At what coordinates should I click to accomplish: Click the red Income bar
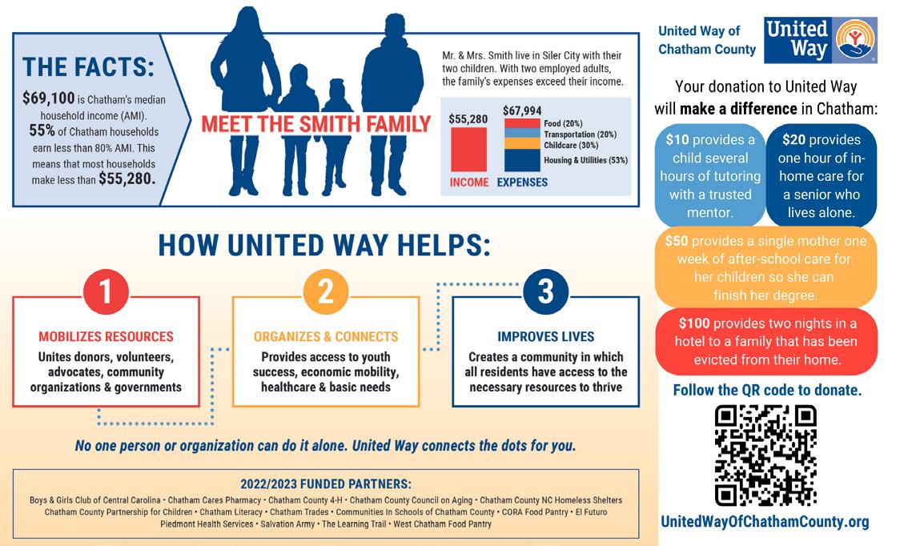[x=468, y=149]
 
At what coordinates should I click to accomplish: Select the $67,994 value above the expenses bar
[x=521, y=110]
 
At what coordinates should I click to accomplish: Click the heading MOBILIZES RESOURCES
[x=106, y=337]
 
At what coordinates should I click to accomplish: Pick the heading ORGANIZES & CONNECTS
[x=325, y=337]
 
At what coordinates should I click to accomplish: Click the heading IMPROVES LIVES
[x=545, y=337]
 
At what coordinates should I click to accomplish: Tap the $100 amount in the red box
[x=693, y=323]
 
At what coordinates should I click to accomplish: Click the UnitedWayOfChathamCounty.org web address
[x=764, y=522]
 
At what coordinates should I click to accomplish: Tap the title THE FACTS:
[x=88, y=66]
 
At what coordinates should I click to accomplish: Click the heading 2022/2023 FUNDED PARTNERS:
[x=325, y=484]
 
